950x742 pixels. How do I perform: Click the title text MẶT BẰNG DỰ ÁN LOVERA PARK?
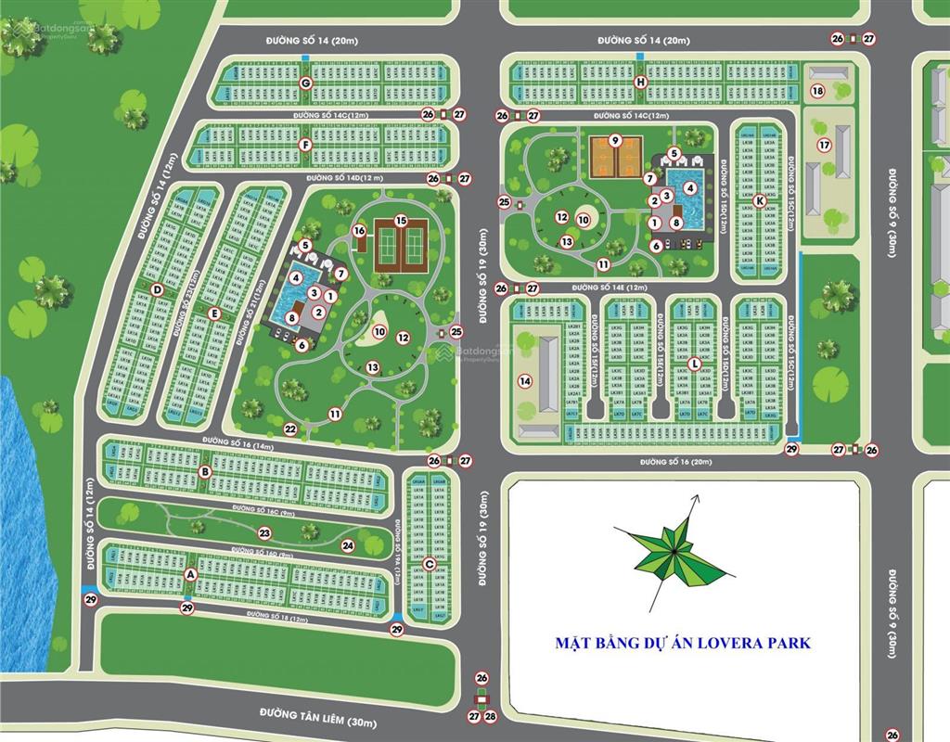coord(682,642)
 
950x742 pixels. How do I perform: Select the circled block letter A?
coord(191,575)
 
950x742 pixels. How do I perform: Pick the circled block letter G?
coord(305,83)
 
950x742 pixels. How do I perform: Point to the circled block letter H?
coord(640,83)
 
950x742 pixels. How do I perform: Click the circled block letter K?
coord(760,200)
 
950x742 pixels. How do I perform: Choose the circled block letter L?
coord(694,363)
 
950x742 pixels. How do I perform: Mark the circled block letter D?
coord(158,289)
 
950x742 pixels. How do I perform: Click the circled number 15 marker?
coord(401,221)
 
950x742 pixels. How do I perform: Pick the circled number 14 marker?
coord(524,381)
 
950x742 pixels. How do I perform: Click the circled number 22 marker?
coord(290,429)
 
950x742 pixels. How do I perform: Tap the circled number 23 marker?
coord(264,532)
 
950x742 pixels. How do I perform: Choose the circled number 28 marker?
coord(492,716)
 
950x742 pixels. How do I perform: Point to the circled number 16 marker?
coord(360,230)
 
